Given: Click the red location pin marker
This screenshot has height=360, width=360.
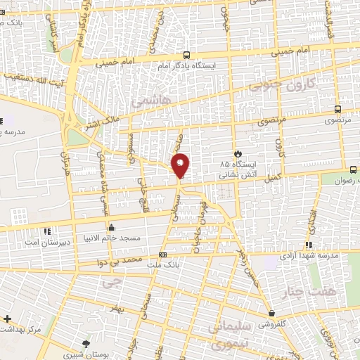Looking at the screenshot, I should (x=181, y=165).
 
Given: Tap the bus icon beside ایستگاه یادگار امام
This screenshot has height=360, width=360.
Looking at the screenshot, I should (x=187, y=55).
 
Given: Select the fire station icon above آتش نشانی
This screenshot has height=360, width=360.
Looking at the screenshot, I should (x=238, y=153).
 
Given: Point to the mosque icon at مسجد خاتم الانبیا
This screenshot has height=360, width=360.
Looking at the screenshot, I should (x=111, y=228).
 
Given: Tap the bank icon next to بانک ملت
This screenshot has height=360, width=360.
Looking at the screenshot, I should (x=163, y=255).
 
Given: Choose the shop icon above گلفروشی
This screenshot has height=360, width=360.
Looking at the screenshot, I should (x=271, y=314).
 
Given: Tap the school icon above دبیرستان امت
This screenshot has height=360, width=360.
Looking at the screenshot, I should (x=47, y=230).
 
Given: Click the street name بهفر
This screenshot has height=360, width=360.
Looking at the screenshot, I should (x=116, y=308).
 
